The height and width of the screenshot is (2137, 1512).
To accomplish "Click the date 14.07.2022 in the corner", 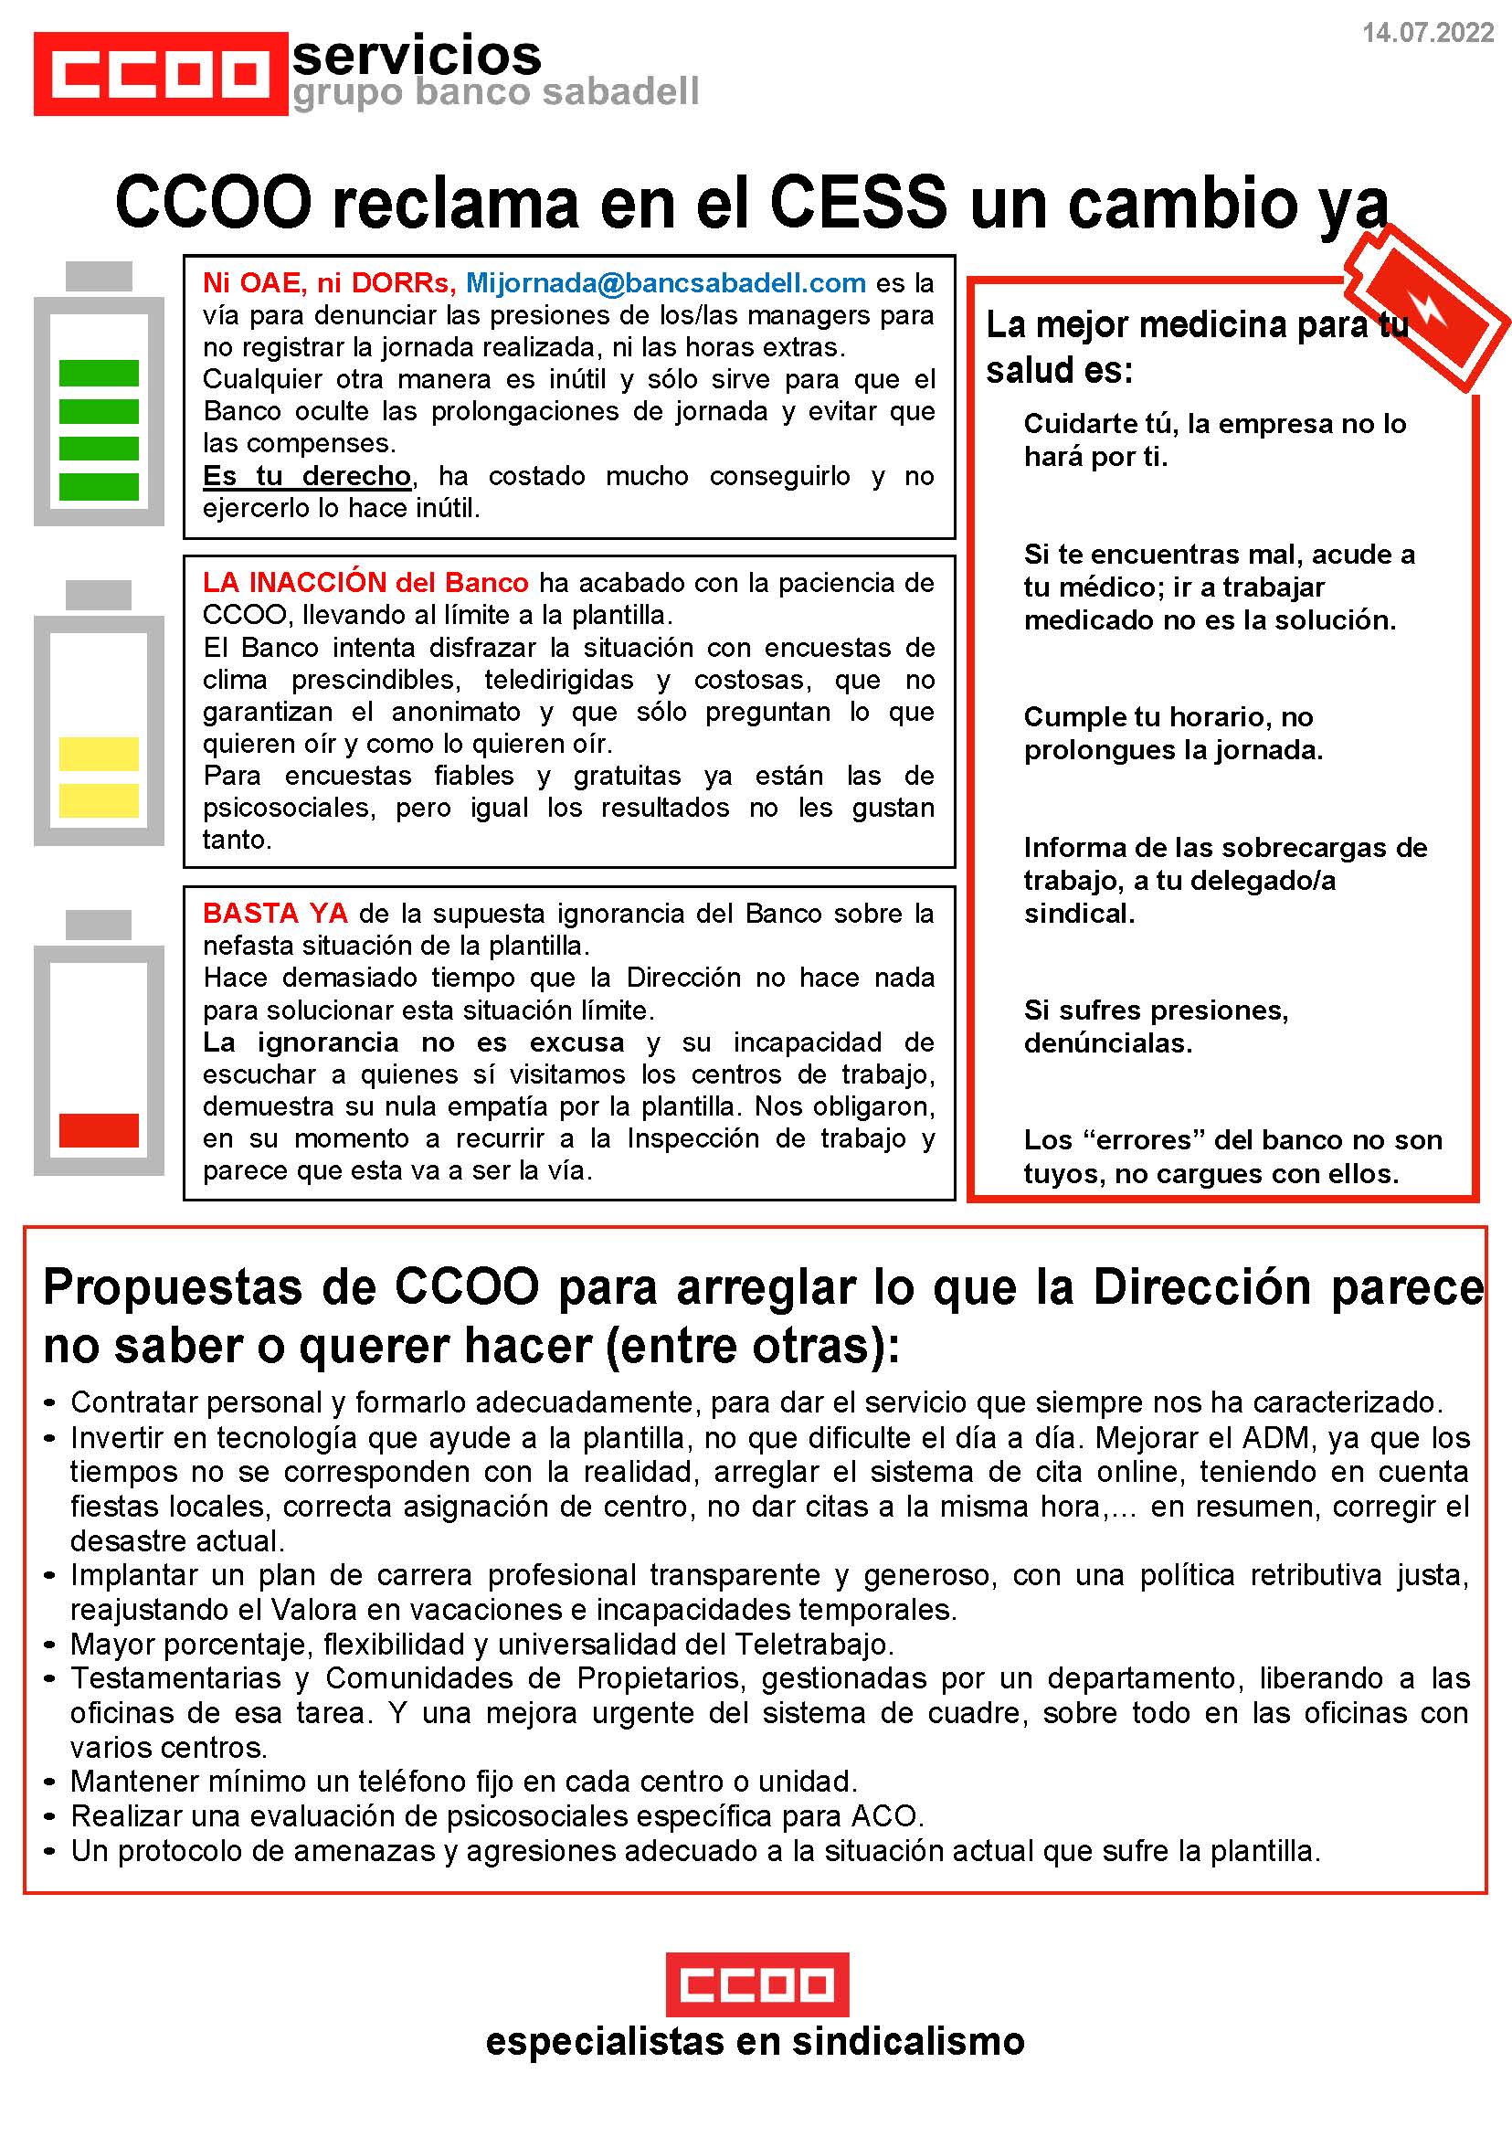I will click(x=1427, y=33).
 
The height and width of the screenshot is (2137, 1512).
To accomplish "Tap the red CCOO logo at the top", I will click(x=160, y=74).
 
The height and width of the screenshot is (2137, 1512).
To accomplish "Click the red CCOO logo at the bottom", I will click(x=756, y=1984).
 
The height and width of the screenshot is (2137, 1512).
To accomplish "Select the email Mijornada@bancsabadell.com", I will click(x=666, y=282).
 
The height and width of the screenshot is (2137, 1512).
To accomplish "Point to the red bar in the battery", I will click(x=99, y=1129).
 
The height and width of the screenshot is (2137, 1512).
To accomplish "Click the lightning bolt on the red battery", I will click(x=1429, y=307).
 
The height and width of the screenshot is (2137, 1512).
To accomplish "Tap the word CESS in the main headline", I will click(x=858, y=202).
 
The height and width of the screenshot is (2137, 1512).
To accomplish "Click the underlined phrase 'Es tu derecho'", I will click(x=307, y=476).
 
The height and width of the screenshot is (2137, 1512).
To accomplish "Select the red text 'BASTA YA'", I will click(x=276, y=913).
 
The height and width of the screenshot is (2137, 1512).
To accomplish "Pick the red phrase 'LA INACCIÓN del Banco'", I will click(x=365, y=582).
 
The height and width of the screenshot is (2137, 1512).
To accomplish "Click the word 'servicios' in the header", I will click(x=417, y=55).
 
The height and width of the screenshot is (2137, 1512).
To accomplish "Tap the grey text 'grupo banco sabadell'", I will click(x=495, y=92).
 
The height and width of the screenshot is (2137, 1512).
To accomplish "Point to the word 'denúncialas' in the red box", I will click(x=1107, y=1042).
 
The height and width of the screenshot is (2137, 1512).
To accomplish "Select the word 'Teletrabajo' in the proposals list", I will click(x=813, y=1645).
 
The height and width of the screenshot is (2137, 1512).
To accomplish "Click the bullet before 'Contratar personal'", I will click(x=51, y=1403).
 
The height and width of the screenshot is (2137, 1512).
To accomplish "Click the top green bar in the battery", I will click(x=99, y=373).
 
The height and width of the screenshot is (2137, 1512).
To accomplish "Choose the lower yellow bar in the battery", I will click(x=99, y=799).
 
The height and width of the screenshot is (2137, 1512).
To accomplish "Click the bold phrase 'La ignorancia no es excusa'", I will click(x=413, y=1042).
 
